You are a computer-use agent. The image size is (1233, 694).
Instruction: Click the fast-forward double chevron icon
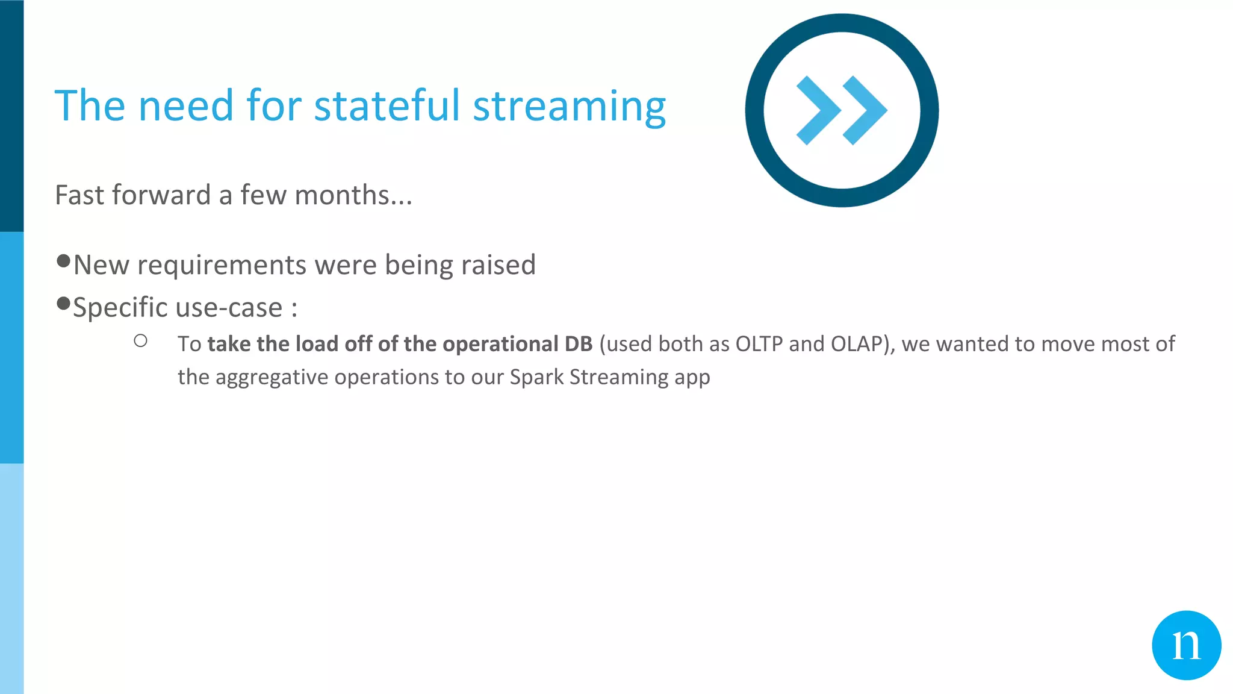842,110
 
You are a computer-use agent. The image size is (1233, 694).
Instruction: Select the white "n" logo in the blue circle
1186,646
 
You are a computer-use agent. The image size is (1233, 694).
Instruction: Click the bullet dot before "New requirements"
63,261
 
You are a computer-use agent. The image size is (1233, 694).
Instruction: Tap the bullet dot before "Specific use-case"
63,304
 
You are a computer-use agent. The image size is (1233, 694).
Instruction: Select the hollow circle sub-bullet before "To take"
141,341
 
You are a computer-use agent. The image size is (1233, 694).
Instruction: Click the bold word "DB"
578,344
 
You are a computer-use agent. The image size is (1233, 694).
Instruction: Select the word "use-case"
229,308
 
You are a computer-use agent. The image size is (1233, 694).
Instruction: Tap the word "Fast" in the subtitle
81,195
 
